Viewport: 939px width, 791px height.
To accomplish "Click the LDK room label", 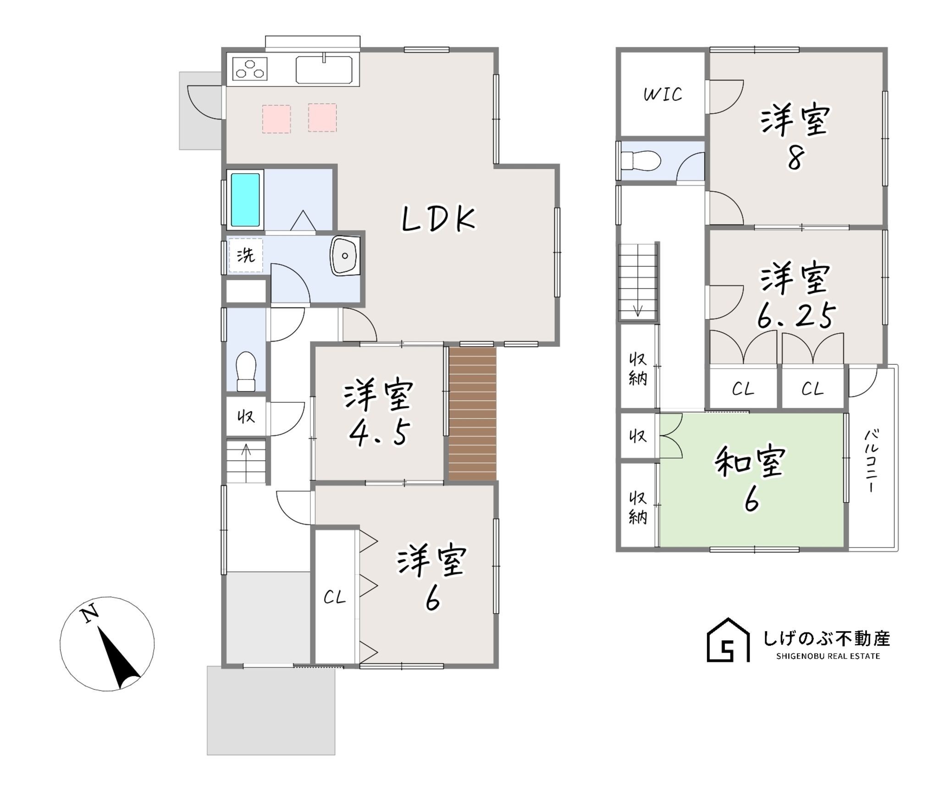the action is pyautogui.click(x=439, y=220).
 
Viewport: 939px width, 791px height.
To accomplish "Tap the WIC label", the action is pyautogui.click(x=663, y=94).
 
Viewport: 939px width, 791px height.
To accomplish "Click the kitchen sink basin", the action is pyautogui.click(x=324, y=70).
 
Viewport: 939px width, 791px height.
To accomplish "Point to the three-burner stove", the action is pyautogui.click(x=250, y=69).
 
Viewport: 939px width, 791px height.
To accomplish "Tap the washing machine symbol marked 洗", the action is pyautogui.click(x=246, y=255).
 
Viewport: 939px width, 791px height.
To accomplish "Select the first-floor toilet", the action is pyautogui.click(x=246, y=371).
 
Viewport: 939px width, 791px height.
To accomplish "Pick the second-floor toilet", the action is pyautogui.click(x=640, y=161).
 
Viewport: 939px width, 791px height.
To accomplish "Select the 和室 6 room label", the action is pyautogui.click(x=751, y=479).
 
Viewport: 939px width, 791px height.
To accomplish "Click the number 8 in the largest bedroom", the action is pyautogui.click(x=795, y=159).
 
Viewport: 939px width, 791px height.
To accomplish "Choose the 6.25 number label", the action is pyautogui.click(x=795, y=316).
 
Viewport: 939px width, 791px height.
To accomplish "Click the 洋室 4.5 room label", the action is pyautogui.click(x=379, y=412).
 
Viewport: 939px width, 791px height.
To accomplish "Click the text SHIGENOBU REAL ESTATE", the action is pyautogui.click(x=828, y=656).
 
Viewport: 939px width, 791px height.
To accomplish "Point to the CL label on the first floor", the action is pyautogui.click(x=335, y=598).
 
